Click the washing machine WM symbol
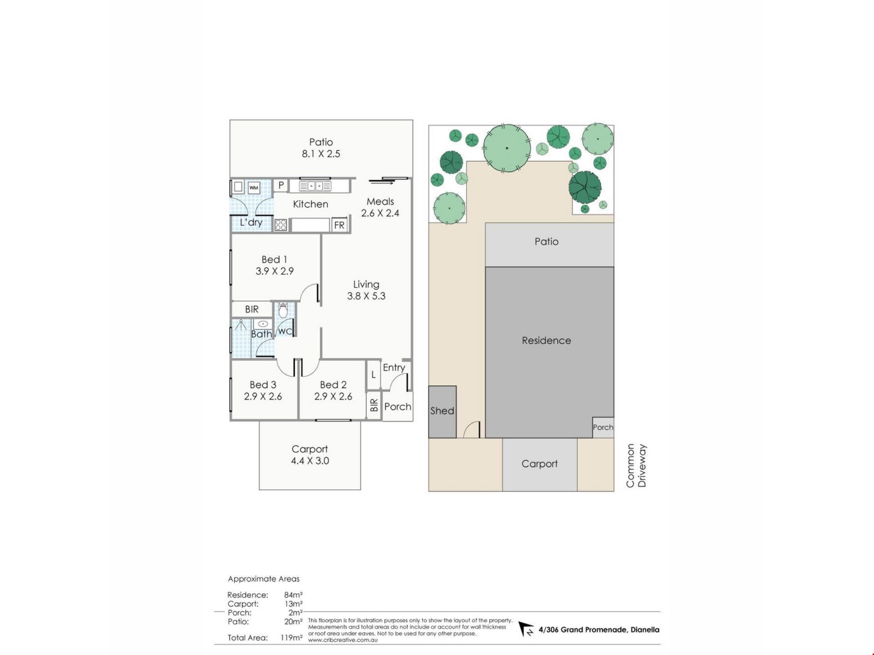tap(254, 187)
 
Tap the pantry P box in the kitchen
tap(281, 185)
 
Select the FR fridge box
tap(339, 225)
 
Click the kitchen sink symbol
tap(315, 186)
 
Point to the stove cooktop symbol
tap(280, 225)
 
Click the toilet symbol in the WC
tap(283, 311)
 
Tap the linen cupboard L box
tap(373, 375)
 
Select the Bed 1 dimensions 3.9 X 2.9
tap(274, 271)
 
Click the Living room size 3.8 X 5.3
tap(366, 296)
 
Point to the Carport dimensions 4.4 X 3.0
tap(310, 461)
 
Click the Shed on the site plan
tap(442, 412)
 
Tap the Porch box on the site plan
tap(603, 428)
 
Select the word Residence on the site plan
tap(546, 340)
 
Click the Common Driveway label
tap(636, 466)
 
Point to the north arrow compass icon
tap(527, 630)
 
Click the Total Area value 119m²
tap(291, 638)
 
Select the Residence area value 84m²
tap(294, 595)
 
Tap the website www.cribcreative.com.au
tap(343, 640)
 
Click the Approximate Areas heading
tap(264, 579)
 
